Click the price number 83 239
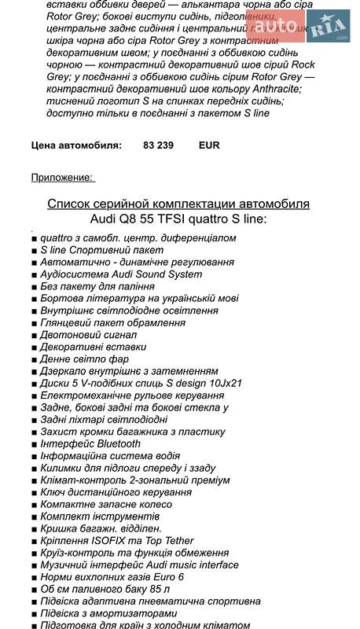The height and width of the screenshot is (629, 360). point(160,145)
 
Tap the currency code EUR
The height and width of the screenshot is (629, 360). point(210,145)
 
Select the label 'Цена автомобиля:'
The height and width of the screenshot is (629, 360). point(76,145)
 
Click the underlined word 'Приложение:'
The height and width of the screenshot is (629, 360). point(62,177)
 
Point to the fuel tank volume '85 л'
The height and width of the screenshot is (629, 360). point(159,588)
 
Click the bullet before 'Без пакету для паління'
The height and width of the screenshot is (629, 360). point(35,288)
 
